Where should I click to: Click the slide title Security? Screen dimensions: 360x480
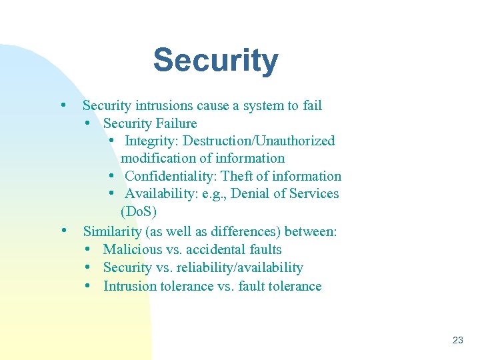click(215, 61)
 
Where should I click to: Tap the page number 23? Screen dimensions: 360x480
click(457, 340)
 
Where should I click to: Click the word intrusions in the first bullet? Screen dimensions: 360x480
click(165, 105)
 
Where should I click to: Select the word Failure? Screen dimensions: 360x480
click(176, 123)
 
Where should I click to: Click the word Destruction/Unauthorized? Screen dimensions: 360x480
click(259, 141)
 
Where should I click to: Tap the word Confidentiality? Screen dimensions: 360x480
click(170, 176)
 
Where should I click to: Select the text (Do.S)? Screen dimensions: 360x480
click(139, 212)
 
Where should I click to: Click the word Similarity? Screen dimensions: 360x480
click(112, 232)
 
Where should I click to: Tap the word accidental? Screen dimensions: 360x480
click(215, 250)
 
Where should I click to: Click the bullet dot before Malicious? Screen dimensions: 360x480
click(89, 249)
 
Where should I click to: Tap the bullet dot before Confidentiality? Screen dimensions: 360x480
click(111, 176)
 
